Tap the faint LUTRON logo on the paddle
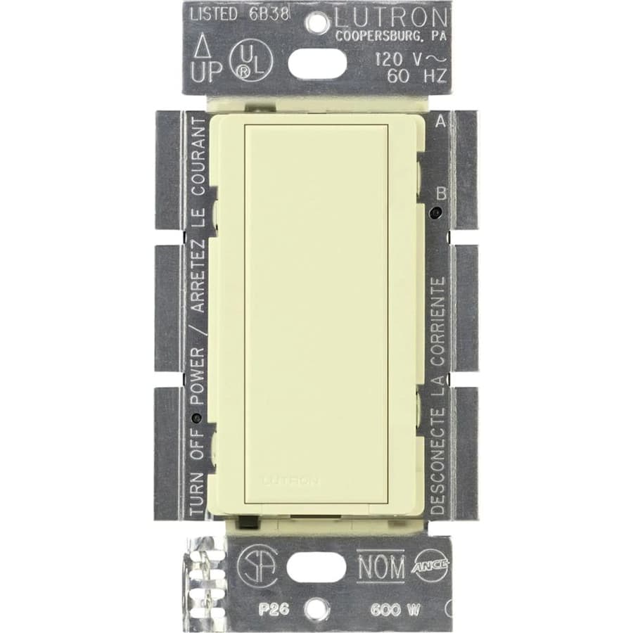tap(290, 481)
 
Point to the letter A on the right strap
tap(441, 121)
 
